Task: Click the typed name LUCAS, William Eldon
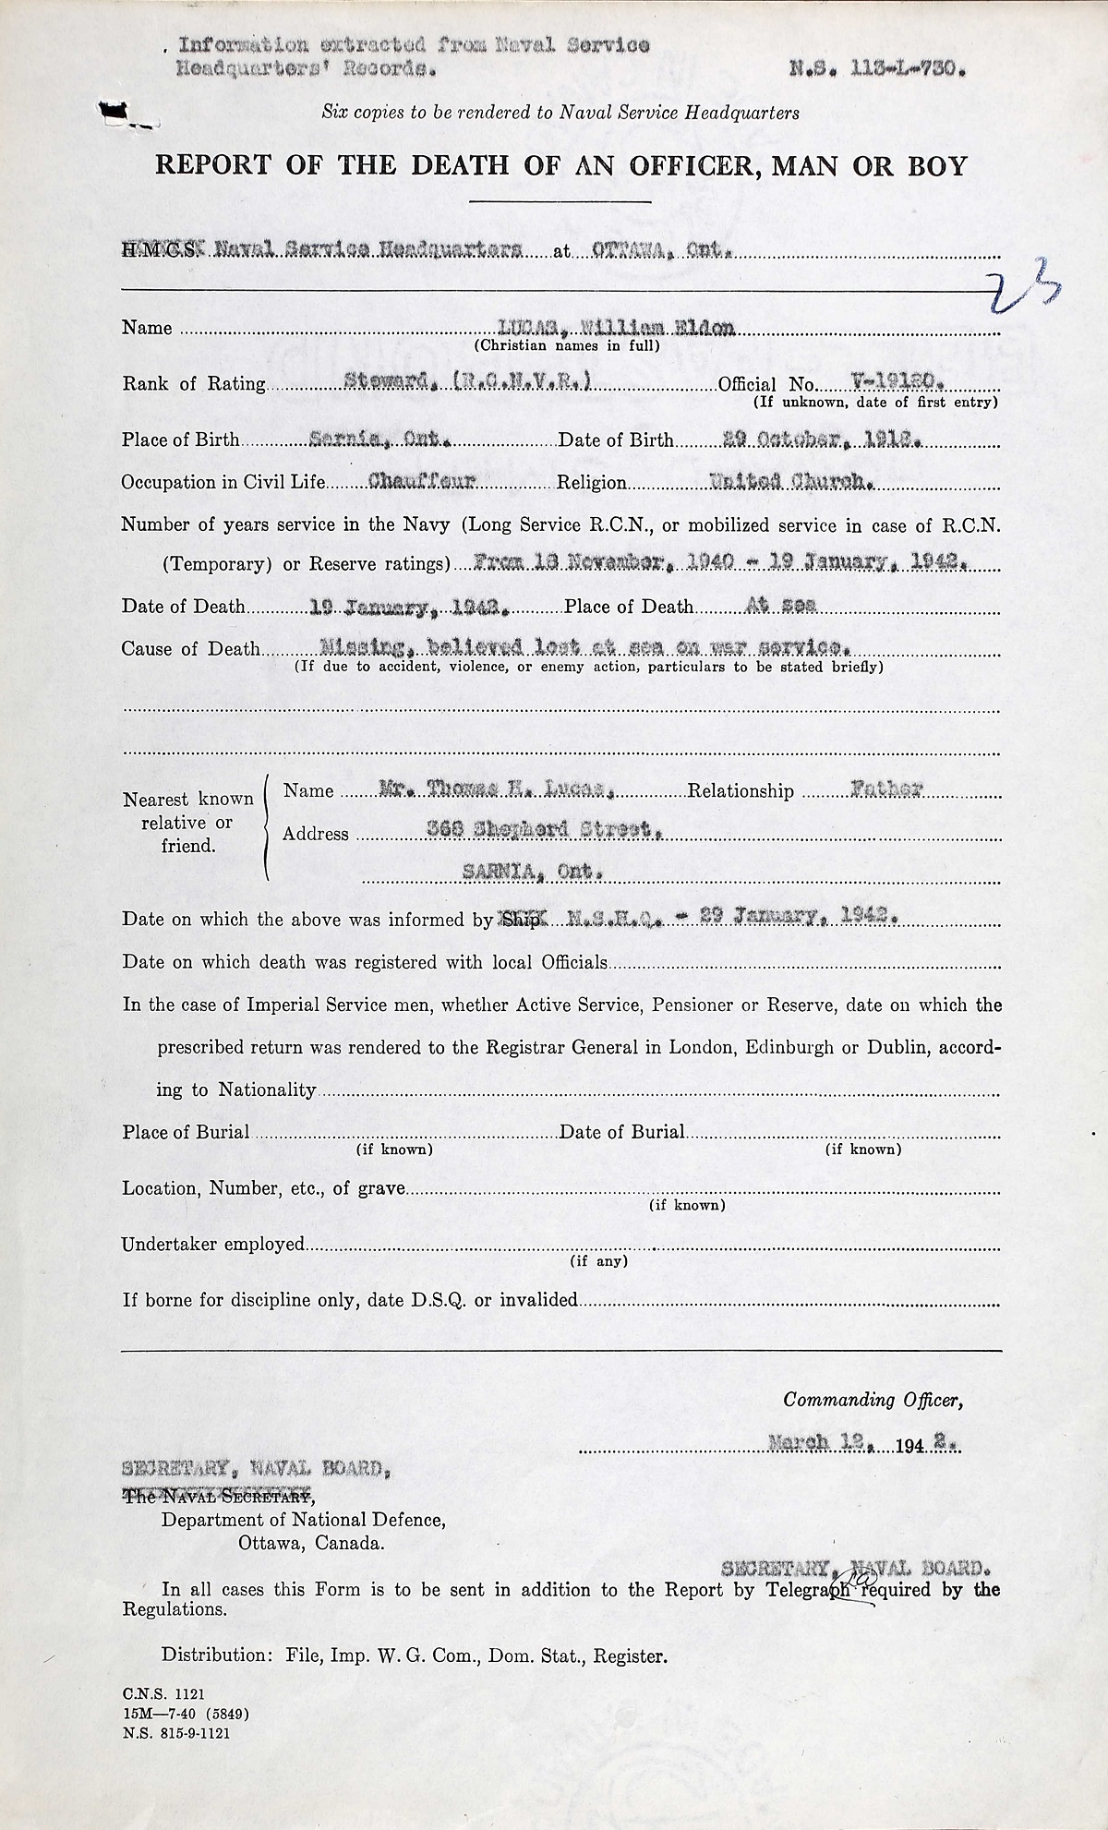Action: (x=614, y=326)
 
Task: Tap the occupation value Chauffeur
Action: (x=422, y=481)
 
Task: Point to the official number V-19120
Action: (x=895, y=380)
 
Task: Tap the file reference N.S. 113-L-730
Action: (x=878, y=66)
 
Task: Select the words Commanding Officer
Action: (x=873, y=1400)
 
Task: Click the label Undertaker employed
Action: (x=212, y=1245)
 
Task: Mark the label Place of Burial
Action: (x=186, y=1132)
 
